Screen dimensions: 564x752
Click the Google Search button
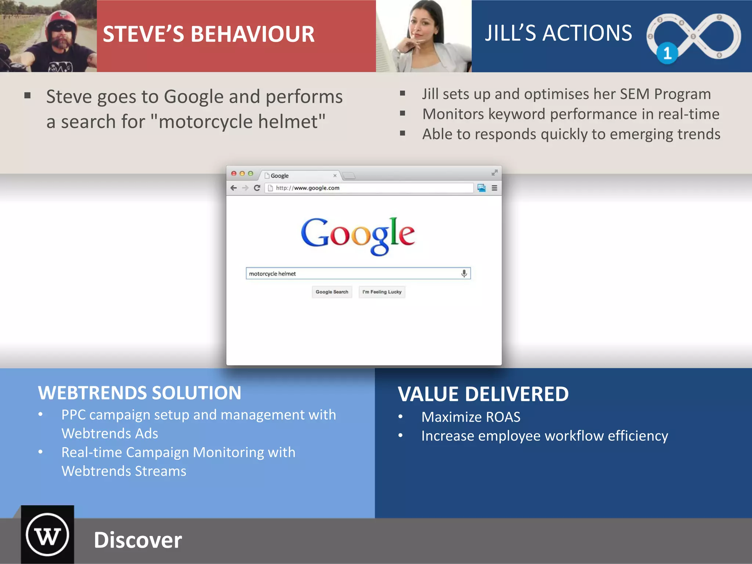pos(332,292)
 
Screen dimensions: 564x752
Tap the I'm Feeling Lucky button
pos(382,292)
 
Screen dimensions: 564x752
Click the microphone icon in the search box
pos(464,274)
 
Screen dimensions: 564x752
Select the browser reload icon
pos(257,188)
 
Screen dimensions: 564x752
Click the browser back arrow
pos(234,188)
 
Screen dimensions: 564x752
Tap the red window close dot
pos(234,174)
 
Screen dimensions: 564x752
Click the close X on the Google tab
pos(335,176)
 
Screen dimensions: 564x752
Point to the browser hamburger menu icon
pos(495,188)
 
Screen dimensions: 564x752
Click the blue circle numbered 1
pos(667,54)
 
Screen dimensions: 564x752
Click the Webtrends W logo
pos(47,535)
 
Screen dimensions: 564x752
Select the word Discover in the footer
pos(138,540)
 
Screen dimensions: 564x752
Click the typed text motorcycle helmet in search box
pos(272,274)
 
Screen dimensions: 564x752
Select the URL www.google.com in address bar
pos(317,188)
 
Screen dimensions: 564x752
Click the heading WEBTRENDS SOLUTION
pos(140,393)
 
